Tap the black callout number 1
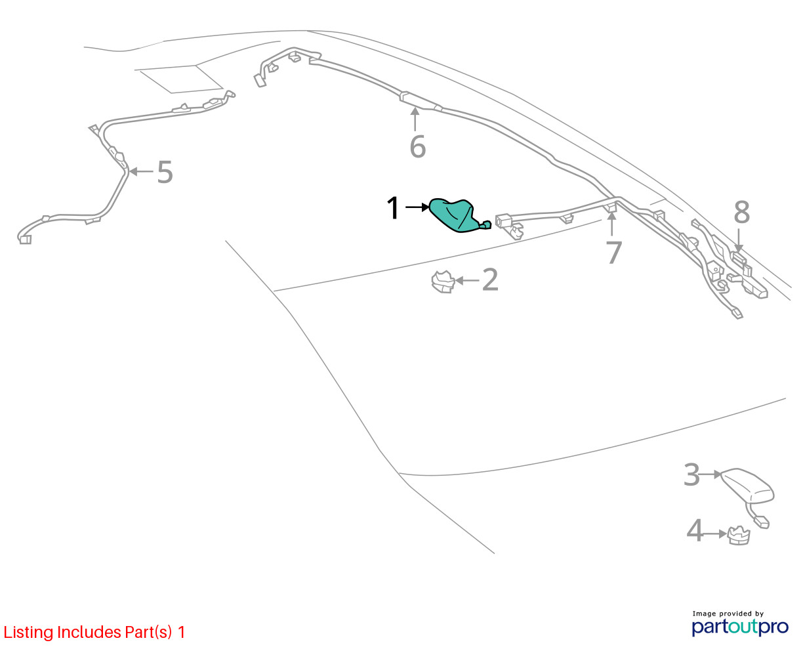(x=393, y=207)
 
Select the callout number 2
(x=490, y=280)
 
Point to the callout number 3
(x=691, y=474)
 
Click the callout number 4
(x=695, y=531)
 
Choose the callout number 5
(x=165, y=172)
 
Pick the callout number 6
(x=418, y=146)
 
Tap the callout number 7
(x=614, y=253)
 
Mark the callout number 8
(x=741, y=212)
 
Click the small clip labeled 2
(x=443, y=282)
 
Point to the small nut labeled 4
(x=739, y=535)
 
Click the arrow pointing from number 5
(x=141, y=172)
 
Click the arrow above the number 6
(x=415, y=119)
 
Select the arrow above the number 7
(x=611, y=224)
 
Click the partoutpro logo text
(x=740, y=627)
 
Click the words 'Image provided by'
(x=728, y=614)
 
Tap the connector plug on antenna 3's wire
(x=761, y=522)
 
